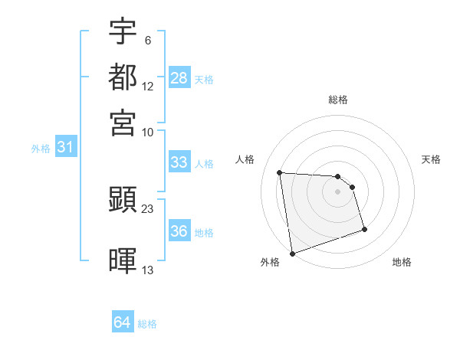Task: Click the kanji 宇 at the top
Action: tap(123, 31)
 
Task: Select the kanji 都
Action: tap(123, 77)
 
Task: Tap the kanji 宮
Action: tap(123, 123)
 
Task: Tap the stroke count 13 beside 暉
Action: tap(148, 270)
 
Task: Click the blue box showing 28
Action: tap(179, 78)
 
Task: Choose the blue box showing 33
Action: tap(179, 162)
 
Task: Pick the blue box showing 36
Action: tap(179, 231)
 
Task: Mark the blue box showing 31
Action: tap(65, 148)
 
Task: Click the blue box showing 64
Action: tap(123, 323)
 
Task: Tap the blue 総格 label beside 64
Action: tap(147, 324)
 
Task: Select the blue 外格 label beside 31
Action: tap(41, 149)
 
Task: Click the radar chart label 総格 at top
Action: tap(338, 100)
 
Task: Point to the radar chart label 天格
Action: tap(432, 159)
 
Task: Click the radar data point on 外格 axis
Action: tap(292, 253)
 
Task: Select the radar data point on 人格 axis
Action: tap(280, 172)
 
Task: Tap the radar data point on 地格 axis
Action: tap(364, 229)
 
